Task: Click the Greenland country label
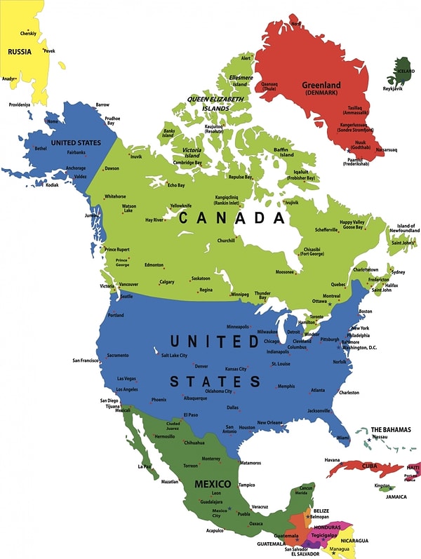(x=321, y=86)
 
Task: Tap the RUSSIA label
(x=19, y=50)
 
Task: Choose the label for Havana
(x=333, y=460)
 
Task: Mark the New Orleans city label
(x=271, y=422)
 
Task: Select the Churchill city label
(x=226, y=241)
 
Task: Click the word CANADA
(x=232, y=219)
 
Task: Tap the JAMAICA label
(x=396, y=497)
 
